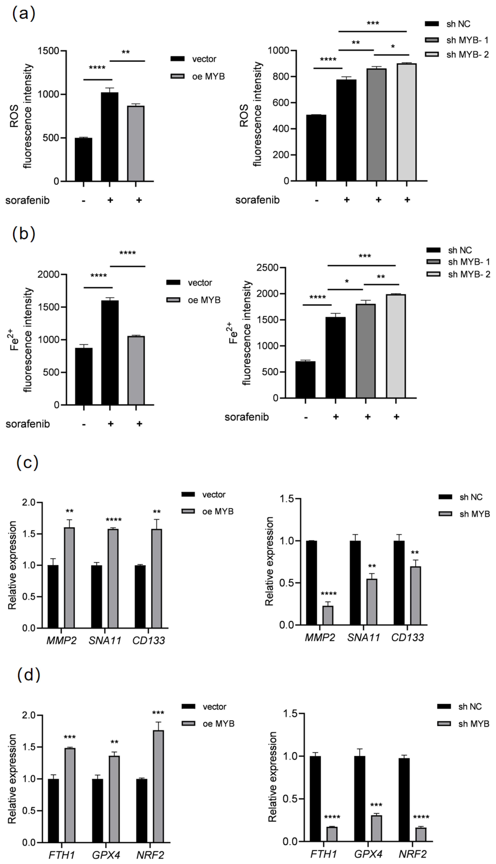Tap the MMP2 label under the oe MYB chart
click(61, 641)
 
